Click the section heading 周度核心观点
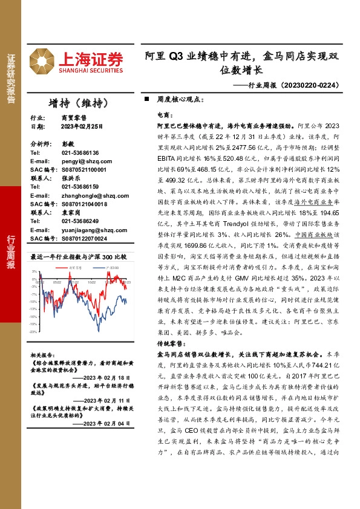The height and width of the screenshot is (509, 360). pyautogui.click(x=177, y=98)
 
